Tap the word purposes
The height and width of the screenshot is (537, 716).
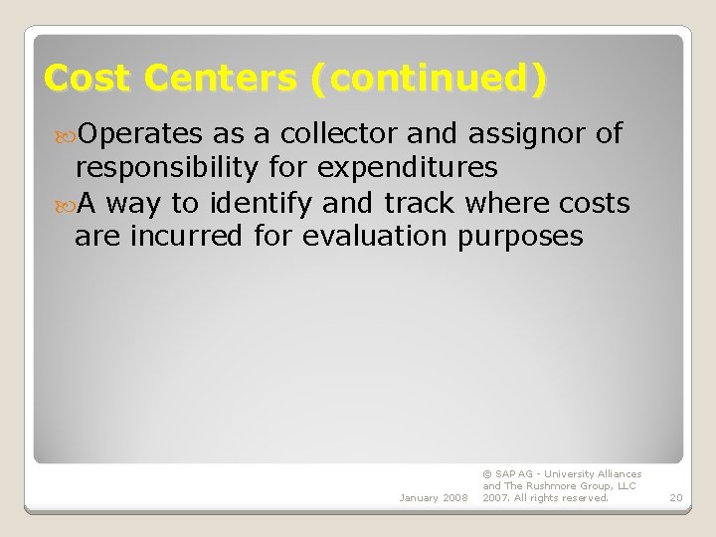tap(521, 237)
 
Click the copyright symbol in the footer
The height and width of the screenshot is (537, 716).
tap(486, 474)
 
